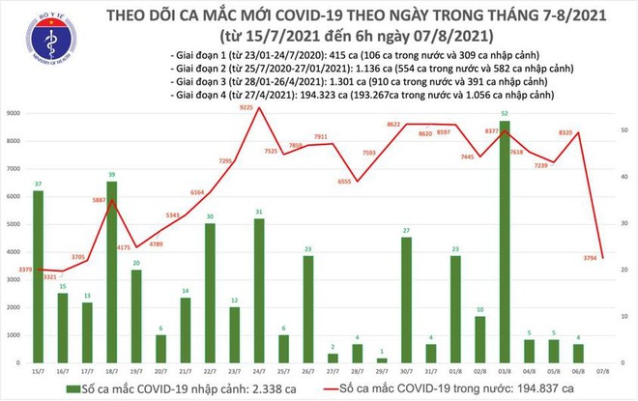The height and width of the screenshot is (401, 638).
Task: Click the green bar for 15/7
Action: pos(38,276)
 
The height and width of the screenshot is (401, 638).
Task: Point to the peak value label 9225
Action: pos(246,109)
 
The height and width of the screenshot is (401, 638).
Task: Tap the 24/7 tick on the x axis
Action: pos(259,370)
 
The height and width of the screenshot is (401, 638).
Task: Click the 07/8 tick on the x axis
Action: pos(604,370)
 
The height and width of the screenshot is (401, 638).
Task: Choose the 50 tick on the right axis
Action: pos(624,129)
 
